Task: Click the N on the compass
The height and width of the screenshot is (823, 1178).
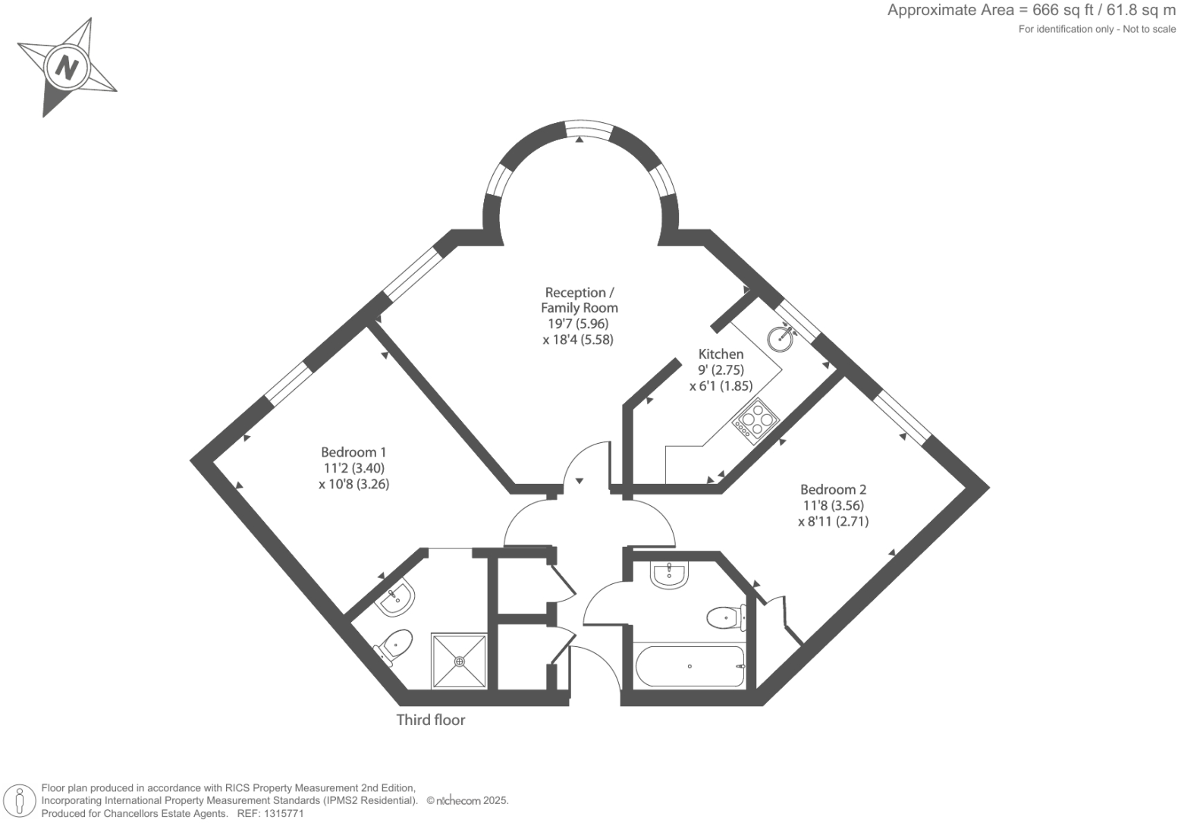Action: [x=68, y=68]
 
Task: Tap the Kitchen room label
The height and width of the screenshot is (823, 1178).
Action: [x=721, y=354]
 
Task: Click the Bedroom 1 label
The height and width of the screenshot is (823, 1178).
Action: [x=353, y=452]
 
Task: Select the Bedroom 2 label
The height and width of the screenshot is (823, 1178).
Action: [x=833, y=490]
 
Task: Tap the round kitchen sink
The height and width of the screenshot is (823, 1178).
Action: [x=781, y=336]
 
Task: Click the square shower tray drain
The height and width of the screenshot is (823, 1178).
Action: [x=460, y=661]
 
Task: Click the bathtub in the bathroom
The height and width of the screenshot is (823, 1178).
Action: [x=689, y=666]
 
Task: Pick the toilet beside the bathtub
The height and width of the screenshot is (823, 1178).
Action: [x=725, y=617]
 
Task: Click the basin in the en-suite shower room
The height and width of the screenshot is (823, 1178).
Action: [x=396, y=597]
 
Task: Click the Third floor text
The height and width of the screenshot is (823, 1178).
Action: [x=430, y=720]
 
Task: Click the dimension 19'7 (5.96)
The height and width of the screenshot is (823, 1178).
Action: [x=577, y=324]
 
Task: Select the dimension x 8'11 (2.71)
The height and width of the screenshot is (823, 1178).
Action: [x=833, y=522]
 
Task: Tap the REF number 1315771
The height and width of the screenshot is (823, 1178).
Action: [x=282, y=813]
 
